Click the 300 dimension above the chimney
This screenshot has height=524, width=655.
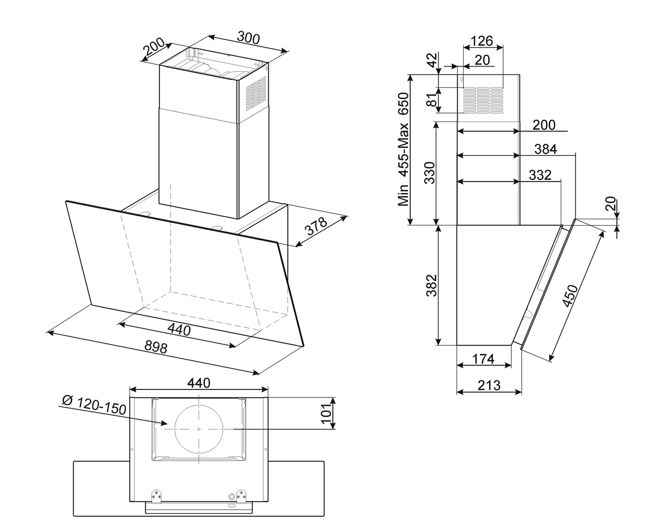[248, 38]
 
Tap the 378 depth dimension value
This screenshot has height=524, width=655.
[316, 226]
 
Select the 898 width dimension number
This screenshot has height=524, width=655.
[156, 347]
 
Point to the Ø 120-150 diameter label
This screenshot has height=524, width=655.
[94, 405]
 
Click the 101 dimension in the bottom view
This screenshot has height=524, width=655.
[326, 413]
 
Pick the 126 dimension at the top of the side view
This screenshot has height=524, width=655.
[481, 41]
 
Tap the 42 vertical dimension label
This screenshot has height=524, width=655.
[431, 60]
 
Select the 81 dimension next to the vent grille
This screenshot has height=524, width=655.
[431, 100]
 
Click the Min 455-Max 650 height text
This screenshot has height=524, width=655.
[404, 150]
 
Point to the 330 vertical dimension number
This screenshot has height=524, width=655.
[430, 173]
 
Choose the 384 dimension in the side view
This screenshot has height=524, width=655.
[546, 149]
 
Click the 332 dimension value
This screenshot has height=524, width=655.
[540, 175]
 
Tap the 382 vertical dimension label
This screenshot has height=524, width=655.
[431, 285]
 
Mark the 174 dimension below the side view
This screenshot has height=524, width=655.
[483, 359]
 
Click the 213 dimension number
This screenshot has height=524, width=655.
[489, 385]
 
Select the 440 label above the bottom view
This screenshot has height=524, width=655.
[199, 383]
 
